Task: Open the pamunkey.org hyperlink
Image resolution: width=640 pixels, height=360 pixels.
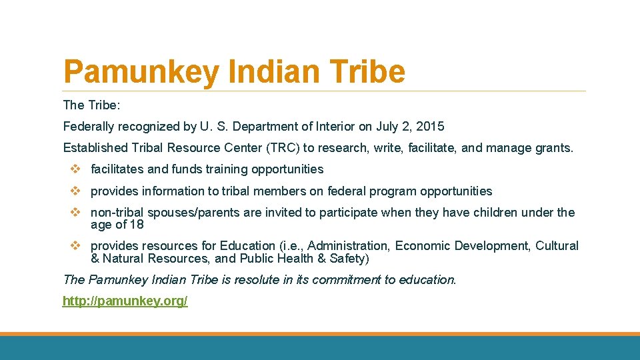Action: (x=125, y=301)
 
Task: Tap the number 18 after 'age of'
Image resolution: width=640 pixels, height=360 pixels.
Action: (x=136, y=225)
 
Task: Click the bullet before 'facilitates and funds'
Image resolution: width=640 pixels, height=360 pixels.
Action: (x=75, y=169)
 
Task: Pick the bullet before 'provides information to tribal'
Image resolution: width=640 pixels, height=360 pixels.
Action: (x=75, y=191)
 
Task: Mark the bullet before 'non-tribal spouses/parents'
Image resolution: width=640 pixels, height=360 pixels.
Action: (x=75, y=213)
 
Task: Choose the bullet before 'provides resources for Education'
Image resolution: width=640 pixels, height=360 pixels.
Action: (x=75, y=246)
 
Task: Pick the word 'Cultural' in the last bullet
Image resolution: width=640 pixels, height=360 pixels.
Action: (x=556, y=246)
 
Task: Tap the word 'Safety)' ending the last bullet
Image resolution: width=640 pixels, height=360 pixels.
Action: (x=349, y=259)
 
